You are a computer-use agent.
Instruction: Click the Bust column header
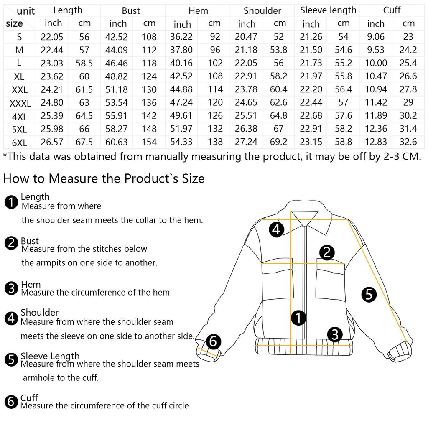131,10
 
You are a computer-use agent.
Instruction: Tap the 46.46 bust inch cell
118,63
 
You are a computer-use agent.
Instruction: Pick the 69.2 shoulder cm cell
278,142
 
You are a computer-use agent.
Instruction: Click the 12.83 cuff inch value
376,142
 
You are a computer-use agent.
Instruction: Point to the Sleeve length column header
328,10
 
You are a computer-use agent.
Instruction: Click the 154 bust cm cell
149,142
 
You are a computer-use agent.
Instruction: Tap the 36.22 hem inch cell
181,37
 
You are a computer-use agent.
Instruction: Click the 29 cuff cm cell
408,103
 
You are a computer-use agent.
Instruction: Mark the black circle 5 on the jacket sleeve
369,294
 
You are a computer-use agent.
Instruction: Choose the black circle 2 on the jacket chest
327,252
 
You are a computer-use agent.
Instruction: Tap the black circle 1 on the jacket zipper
298,318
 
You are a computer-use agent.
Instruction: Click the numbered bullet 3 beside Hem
11,288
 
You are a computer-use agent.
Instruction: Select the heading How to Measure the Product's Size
104,179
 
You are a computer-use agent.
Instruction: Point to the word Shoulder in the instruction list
40,312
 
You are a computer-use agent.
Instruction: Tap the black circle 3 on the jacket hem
335,334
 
